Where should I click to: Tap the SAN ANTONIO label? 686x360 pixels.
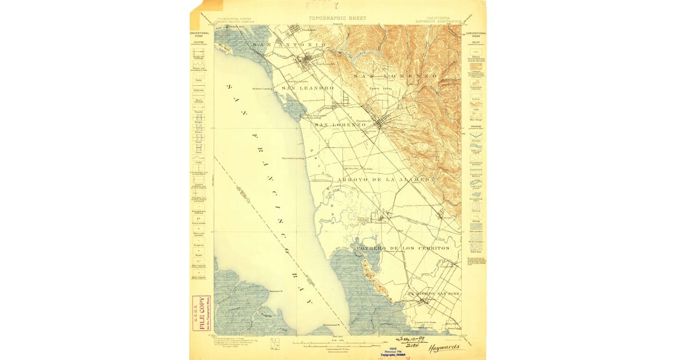coord(292,45)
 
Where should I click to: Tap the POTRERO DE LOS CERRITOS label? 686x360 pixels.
coord(402,249)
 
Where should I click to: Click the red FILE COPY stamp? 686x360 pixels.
coord(201,313)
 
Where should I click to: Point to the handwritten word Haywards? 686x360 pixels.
coord(442,346)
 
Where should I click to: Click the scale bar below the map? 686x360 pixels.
coord(337,343)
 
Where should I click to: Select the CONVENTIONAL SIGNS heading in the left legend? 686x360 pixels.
coord(200,34)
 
